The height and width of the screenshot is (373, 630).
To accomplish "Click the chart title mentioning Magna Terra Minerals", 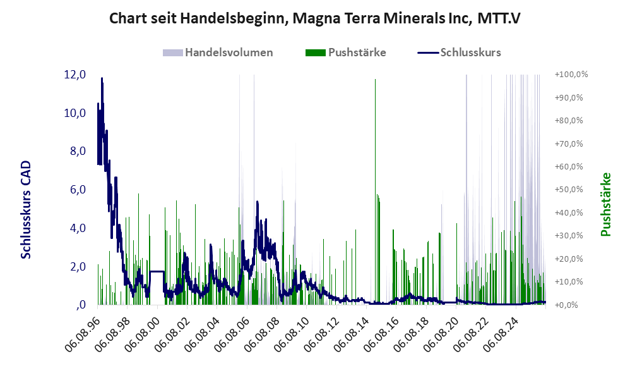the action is click(x=314, y=18).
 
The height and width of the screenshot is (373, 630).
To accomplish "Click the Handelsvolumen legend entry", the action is click(x=218, y=52).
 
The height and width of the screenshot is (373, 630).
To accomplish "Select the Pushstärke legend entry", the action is click(x=345, y=52).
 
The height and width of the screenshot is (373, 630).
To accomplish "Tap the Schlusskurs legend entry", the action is click(x=459, y=52).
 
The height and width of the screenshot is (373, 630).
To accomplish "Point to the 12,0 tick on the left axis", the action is click(x=74, y=75).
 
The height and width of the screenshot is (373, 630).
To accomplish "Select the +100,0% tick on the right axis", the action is click(x=571, y=75).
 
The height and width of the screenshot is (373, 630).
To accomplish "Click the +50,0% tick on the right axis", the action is click(x=569, y=190).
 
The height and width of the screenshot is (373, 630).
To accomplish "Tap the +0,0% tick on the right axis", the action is click(x=566, y=305).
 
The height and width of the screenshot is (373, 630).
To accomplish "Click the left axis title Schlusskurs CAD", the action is click(x=26, y=210).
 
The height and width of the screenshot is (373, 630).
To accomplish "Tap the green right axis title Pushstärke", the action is click(x=606, y=204).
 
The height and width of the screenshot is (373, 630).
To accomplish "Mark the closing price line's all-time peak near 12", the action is click(x=102, y=78).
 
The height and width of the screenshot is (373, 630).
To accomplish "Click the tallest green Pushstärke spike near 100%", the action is click(x=375, y=192).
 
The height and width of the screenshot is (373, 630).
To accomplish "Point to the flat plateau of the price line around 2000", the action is click(x=157, y=272).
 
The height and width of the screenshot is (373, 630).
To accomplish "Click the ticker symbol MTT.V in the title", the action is click(x=499, y=18).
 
